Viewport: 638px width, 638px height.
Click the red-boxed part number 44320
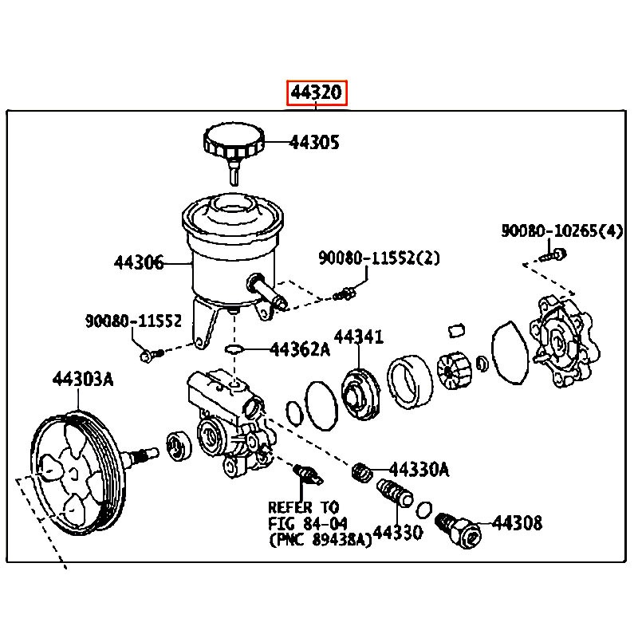click(x=317, y=93)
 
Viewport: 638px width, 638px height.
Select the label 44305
click(x=313, y=143)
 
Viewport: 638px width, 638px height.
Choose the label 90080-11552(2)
click(x=380, y=258)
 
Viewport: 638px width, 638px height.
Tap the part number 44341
click(x=358, y=337)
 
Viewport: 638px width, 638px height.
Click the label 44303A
click(x=83, y=380)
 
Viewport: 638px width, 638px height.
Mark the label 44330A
click(x=419, y=470)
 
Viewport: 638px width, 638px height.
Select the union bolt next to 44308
click(x=460, y=530)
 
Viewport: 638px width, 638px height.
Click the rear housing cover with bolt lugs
click(x=563, y=339)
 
